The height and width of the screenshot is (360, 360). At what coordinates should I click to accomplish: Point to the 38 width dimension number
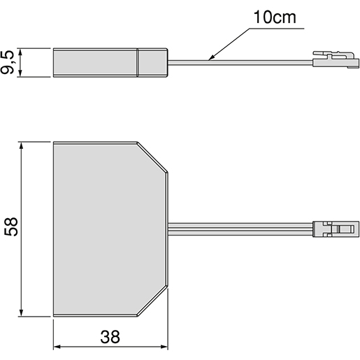point(110,337)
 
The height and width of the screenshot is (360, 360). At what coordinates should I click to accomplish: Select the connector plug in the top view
point(335,229)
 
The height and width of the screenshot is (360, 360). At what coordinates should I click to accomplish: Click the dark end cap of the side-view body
point(152,62)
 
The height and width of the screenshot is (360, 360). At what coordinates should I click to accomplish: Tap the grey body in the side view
point(96,62)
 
